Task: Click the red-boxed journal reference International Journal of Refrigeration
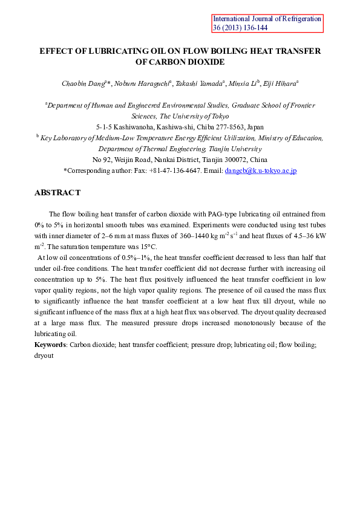coord(267,19)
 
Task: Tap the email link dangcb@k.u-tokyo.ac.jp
coord(260,171)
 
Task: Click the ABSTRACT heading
coord(57,192)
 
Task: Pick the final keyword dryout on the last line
coord(45,356)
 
